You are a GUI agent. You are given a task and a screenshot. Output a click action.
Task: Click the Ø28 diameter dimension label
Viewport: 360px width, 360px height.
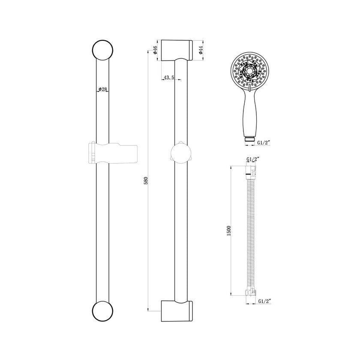click(x=103, y=89)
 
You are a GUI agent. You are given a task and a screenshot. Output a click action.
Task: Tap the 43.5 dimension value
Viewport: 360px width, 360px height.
click(x=168, y=78)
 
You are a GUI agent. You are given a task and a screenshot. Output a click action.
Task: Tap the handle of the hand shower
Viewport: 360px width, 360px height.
click(x=249, y=114)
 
